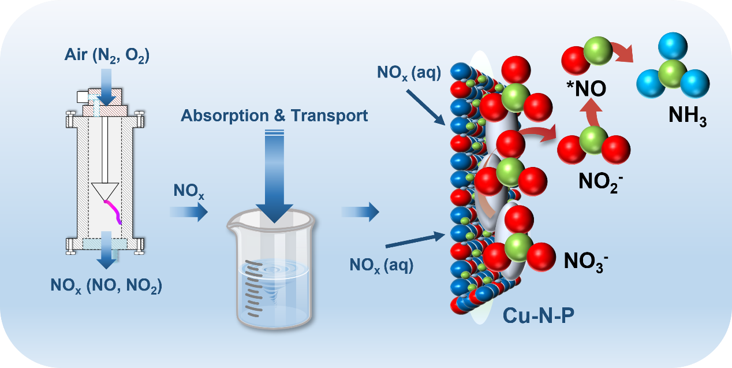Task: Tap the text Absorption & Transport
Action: (x=274, y=116)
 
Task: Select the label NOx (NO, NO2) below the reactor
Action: (x=106, y=285)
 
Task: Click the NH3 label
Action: (x=688, y=116)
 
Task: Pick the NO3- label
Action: (x=585, y=262)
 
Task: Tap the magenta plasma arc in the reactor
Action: (x=114, y=210)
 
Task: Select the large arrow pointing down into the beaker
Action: (x=274, y=179)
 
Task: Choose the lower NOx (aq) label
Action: (x=382, y=265)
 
